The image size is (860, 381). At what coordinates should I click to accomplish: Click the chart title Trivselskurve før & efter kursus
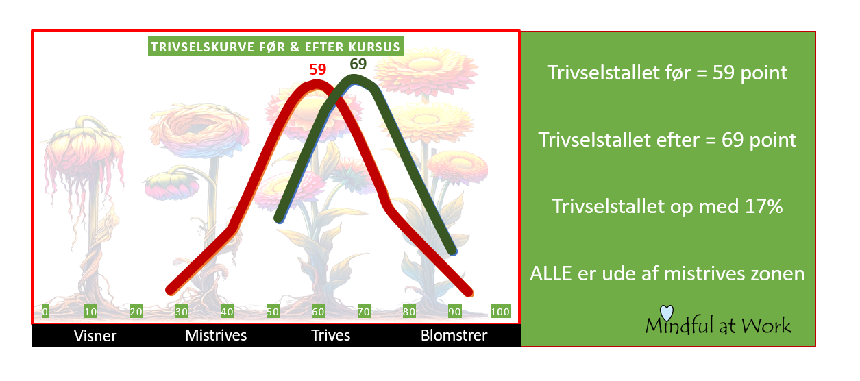click(x=275, y=47)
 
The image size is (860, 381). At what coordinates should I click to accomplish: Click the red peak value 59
click(x=317, y=69)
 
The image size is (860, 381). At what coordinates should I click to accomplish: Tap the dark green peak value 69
click(x=358, y=64)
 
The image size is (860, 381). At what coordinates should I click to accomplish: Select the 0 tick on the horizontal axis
click(x=45, y=312)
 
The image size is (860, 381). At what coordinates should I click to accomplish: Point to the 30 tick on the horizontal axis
click(x=182, y=312)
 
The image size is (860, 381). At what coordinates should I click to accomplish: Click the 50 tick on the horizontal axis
click(x=273, y=312)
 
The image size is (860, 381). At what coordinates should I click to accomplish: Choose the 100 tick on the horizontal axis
click(x=500, y=312)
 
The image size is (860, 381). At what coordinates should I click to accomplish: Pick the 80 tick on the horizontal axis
click(x=409, y=312)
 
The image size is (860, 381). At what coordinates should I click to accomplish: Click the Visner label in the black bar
click(x=95, y=336)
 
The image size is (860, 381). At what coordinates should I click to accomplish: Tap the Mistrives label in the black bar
click(x=216, y=335)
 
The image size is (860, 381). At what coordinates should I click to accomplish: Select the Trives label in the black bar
click(x=330, y=335)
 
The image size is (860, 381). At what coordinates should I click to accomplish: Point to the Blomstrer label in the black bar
click(x=454, y=335)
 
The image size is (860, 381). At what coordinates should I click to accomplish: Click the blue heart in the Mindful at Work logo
click(x=667, y=312)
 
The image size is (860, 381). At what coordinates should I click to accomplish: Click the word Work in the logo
click(x=766, y=325)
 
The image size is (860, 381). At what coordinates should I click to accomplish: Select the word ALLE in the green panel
click(x=550, y=274)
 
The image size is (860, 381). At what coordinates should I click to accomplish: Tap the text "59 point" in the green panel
click(x=750, y=73)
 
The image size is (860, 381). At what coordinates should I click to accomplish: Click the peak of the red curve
click(x=316, y=84)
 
